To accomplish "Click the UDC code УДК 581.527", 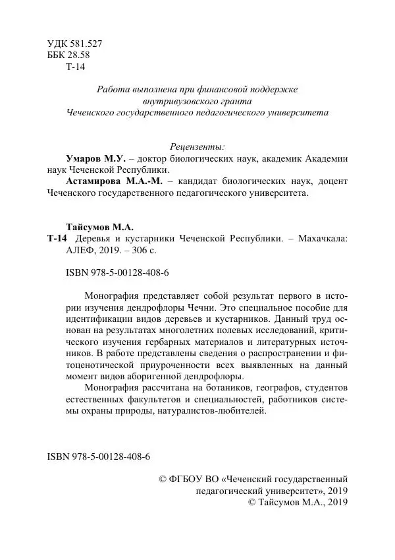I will click(75, 44).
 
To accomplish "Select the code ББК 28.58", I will click(68, 55).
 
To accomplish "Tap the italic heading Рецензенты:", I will click(197, 146).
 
